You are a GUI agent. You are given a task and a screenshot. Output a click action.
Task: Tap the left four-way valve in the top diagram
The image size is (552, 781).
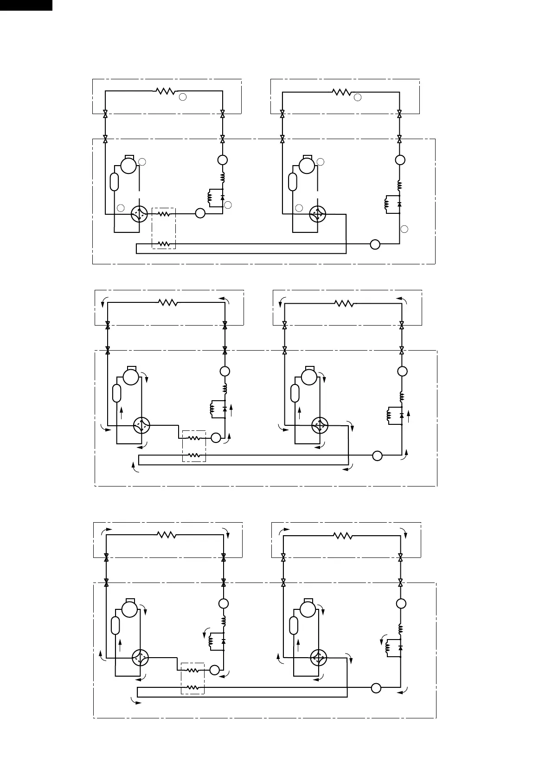click(x=139, y=214)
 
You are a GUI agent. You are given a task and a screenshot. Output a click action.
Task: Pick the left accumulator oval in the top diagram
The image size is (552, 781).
click(x=115, y=181)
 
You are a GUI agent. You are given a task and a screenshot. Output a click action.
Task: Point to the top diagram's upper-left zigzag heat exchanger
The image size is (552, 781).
click(x=165, y=91)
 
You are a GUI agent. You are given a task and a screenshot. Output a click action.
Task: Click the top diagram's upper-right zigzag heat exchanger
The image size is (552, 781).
click(x=342, y=92)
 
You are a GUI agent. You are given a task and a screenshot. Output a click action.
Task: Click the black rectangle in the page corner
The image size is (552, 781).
click(x=26, y=5)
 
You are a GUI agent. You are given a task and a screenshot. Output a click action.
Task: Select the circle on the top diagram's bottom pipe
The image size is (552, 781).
click(x=375, y=244)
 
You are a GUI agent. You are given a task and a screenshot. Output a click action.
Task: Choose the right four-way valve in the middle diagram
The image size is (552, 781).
click(x=320, y=425)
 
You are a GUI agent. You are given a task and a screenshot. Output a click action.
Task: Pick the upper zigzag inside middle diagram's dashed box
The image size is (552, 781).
click(x=194, y=437)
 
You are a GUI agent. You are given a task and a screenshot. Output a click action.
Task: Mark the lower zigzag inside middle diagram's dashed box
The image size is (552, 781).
click(x=194, y=456)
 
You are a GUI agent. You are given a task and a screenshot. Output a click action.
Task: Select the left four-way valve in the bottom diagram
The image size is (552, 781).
click(x=140, y=658)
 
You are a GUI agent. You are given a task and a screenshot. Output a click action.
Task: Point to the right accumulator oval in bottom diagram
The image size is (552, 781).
click(x=294, y=625)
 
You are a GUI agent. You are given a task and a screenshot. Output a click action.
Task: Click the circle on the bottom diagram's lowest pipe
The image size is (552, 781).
click(x=376, y=688)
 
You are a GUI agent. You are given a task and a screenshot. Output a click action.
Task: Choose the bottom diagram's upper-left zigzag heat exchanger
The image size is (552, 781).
click(x=167, y=535)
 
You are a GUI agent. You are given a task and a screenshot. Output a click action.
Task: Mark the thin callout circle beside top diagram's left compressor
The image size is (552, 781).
click(x=142, y=162)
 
